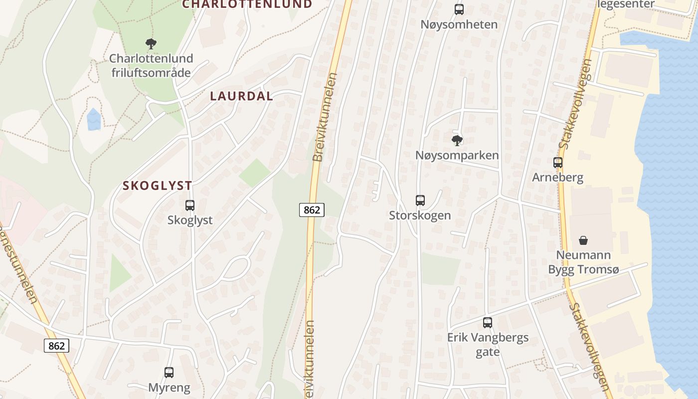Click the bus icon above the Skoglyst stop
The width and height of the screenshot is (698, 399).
[x=190, y=205]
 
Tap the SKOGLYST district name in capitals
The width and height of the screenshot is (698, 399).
[x=158, y=186]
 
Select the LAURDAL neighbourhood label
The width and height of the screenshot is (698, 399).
[x=242, y=96]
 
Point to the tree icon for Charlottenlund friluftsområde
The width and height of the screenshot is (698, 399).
[x=151, y=44]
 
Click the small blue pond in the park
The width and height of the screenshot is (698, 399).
[x=94, y=120]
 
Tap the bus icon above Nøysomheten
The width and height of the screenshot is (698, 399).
[x=459, y=9]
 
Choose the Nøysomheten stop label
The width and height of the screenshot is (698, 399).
[x=459, y=24]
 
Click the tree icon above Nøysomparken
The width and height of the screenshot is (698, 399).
[x=457, y=140]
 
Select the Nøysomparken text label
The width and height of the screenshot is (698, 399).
[x=457, y=155]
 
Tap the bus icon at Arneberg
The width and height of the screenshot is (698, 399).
[x=557, y=162]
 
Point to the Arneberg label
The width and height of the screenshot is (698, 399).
[x=557, y=178]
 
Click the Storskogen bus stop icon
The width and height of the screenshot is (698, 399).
[x=420, y=200]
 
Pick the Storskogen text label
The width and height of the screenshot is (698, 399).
[x=420, y=215]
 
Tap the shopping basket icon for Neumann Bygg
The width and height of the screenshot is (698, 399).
[x=583, y=240]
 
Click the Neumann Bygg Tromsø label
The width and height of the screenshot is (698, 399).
[x=583, y=262]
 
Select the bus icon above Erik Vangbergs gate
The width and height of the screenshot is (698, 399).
[x=488, y=323]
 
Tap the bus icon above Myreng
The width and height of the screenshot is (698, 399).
[x=169, y=372]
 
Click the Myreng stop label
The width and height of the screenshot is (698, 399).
[x=169, y=387]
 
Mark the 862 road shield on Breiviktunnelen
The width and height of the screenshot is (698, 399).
[x=312, y=210]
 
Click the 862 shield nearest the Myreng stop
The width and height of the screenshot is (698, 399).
[x=56, y=345]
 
